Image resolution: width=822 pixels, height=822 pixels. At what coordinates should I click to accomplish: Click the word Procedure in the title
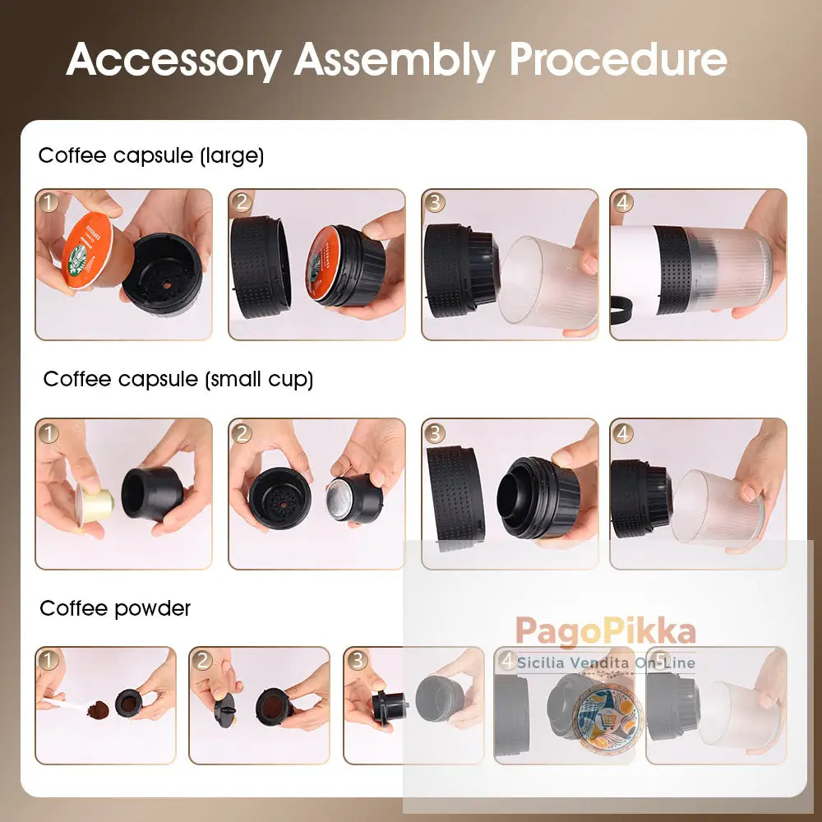click(x=617, y=59)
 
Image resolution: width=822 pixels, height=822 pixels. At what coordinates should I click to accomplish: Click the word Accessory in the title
click(x=173, y=59)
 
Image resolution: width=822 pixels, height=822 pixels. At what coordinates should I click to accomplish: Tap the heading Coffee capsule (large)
click(x=151, y=155)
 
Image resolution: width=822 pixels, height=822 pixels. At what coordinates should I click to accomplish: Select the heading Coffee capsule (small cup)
click(x=178, y=379)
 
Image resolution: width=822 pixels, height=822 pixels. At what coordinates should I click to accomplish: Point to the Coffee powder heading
click(x=115, y=608)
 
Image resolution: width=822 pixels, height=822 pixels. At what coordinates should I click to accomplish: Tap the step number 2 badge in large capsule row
click(x=241, y=201)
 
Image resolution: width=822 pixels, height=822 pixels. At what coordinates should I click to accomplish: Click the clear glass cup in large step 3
click(x=546, y=284)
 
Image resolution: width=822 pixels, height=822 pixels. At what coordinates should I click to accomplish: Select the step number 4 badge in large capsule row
click(x=622, y=201)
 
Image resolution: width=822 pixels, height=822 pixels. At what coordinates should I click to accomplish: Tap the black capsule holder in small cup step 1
click(x=152, y=493)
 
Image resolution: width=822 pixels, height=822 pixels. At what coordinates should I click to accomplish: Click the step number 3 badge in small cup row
click(x=434, y=432)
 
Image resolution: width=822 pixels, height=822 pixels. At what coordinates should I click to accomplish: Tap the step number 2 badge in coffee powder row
click(x=202, y=659)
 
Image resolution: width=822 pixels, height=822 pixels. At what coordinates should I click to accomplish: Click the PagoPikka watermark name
click(x=605, y=632)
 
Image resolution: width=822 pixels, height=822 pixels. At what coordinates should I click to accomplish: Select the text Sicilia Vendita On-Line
click(x=605, y=663)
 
